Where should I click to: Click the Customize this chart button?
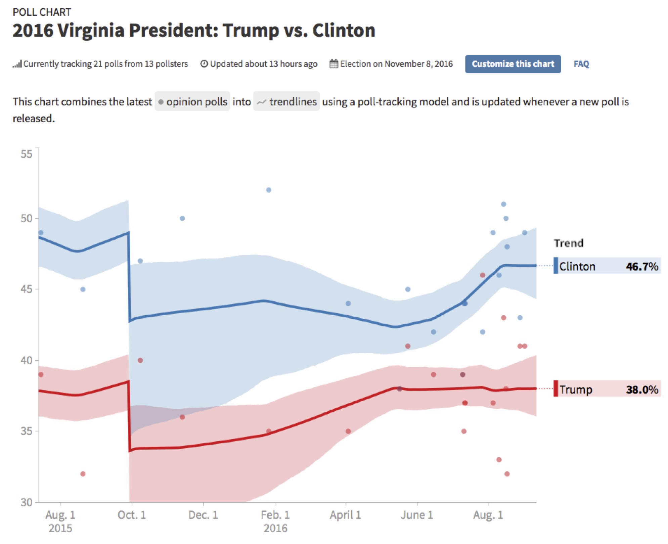coord(513,64)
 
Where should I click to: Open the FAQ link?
coord(581,64)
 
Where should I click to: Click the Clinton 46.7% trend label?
coord(607,266)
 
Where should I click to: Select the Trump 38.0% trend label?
coord(607,389)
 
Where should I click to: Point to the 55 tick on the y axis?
coord(26,154)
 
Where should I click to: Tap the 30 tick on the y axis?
coord(26,502)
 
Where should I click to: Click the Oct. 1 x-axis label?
coord(132,515)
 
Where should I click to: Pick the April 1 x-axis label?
coord(345,515)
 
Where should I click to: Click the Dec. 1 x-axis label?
coord(203,515)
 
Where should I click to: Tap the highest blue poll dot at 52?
coord(269,190)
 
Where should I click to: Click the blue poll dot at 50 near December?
coord(182,218)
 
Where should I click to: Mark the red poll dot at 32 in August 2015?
coord(83,474)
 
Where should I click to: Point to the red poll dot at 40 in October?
coord(140,360)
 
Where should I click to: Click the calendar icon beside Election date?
coord(333,63)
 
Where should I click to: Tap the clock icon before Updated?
coord(204,63)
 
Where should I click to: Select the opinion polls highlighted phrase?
coord(192,101)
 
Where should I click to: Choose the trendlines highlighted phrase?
coord(286,101)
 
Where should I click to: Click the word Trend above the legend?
coord(568,243)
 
